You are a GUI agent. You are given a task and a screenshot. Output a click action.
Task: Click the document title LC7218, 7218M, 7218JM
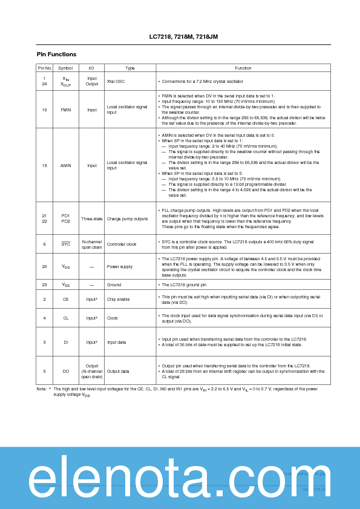179,37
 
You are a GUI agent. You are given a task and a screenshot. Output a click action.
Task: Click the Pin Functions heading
56,54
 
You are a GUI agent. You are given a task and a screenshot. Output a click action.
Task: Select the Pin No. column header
44,68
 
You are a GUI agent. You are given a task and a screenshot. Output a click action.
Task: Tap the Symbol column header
65,68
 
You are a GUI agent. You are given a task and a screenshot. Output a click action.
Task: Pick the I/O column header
91,68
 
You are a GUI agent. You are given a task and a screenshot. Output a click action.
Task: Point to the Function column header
243,68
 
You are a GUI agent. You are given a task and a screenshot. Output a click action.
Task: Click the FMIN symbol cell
65,110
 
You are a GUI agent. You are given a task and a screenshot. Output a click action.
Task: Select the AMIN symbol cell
65,165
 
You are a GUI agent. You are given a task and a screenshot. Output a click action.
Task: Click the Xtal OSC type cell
115,80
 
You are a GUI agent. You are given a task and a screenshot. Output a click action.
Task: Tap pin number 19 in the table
44,110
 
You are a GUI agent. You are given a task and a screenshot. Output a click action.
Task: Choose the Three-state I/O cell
91,218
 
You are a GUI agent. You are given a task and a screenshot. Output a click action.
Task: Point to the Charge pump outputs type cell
127,218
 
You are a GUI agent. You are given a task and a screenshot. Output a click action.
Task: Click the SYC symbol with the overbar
65,245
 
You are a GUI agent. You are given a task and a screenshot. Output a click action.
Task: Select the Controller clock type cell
121,245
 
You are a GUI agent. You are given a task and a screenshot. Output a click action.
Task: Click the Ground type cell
114,284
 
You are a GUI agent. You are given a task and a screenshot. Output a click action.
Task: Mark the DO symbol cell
65,371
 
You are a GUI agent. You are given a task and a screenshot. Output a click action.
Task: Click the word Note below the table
42,389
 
